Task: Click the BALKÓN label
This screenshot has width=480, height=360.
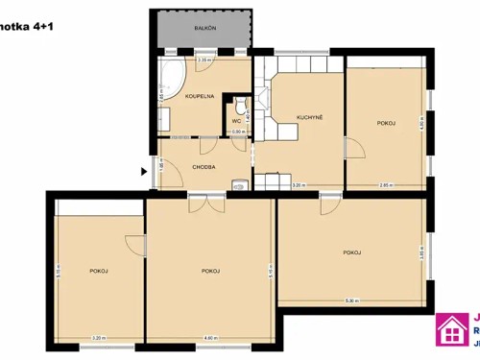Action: [x=204, y=29]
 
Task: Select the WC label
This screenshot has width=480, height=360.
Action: [x=236, y=121]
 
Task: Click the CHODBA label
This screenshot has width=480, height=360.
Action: [x=203, y=167]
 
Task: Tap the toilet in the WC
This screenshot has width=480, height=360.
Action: [x=241, y=105]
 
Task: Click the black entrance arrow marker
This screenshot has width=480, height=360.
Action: [x=145, y=172]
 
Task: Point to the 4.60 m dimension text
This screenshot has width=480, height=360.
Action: [x=210, y=337]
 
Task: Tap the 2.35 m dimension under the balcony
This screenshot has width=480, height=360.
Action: [x=204, y=60]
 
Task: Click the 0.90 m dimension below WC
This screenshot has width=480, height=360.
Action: [x=236, y=132]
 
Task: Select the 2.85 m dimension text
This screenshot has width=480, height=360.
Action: [x=385, y=185]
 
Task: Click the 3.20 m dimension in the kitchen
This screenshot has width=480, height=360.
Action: [x=298, y=185]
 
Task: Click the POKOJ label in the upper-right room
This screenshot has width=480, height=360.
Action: [x=386, y=123]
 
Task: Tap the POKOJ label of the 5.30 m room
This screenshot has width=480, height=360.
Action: [x=351, y=252]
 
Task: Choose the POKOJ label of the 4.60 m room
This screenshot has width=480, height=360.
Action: [x=211, y=272]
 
